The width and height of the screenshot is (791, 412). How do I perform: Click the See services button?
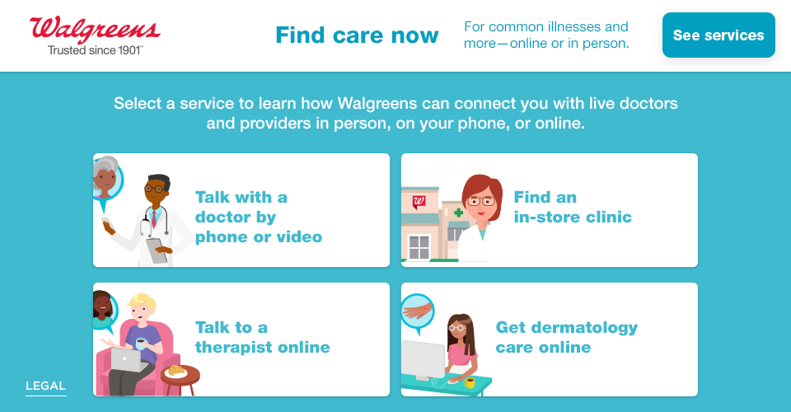pos(718,35)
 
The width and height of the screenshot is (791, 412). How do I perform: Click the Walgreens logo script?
pos(95,29)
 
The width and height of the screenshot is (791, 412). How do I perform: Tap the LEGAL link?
pos(45,386)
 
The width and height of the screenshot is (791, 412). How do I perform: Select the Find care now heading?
pos(357,35)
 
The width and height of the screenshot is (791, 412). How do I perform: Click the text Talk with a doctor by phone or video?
pos(258,218)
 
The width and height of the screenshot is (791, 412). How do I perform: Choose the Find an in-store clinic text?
pos(572,208)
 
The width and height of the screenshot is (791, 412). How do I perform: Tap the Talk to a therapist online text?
pos(262,337)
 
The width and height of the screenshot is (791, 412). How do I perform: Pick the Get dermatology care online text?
pos(566,337)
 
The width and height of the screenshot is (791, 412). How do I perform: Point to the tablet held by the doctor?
pos(157,250)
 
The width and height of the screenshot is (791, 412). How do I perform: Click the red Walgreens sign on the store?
pos(419,201)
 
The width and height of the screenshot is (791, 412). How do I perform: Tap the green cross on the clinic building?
pos(458,213)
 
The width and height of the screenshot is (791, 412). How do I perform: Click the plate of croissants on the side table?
pos(176,371)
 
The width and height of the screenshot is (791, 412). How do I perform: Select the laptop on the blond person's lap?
pos(127,358)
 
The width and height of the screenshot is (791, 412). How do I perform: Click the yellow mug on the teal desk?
pos(470,382)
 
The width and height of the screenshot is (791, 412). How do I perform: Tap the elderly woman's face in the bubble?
pos(105,176)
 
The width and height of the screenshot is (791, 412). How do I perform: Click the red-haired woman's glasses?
pos(482,200)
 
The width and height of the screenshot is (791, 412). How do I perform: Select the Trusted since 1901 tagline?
pos(95,50)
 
